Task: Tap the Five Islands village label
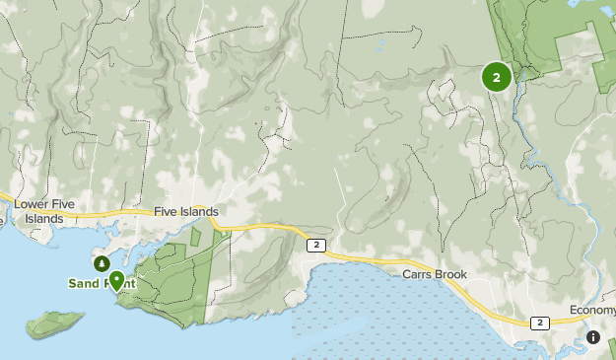[185, 211]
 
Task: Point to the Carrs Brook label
[433, 273]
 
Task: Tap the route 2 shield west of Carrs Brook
[315, 245]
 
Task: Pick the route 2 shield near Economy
[539, 323]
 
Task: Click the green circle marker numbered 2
[496, 76]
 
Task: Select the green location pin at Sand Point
[117, 281]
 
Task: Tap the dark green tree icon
[102, 264]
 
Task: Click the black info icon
[592, 337]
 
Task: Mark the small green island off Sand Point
[54, 323]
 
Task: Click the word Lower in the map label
[32, 204]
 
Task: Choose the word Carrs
[417, 273]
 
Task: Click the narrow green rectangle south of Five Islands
[195, 236]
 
